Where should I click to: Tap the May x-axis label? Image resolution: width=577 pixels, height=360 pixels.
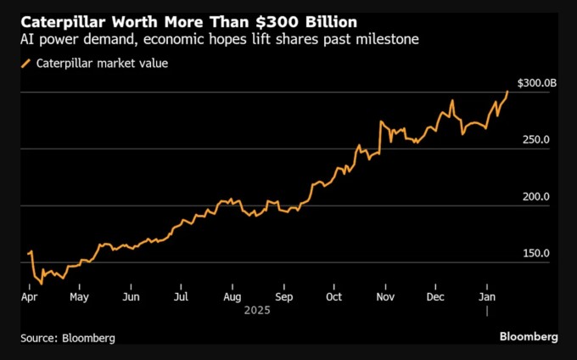coord(79,298)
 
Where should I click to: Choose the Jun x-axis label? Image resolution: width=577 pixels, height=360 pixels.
coord(131,298)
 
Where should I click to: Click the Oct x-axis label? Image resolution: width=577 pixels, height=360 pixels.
coord(333,298)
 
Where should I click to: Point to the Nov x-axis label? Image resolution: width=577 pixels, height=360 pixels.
coord(385,298)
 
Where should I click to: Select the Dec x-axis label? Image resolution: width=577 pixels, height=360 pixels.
coord(435,298)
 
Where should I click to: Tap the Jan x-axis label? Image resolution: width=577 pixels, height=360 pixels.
coord(487,298)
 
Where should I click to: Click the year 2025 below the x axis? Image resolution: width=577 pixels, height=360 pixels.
coord(256,312)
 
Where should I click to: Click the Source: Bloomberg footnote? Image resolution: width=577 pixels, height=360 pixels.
coord(68,337)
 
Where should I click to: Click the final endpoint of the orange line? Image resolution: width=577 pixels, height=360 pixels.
coord(508,91)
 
